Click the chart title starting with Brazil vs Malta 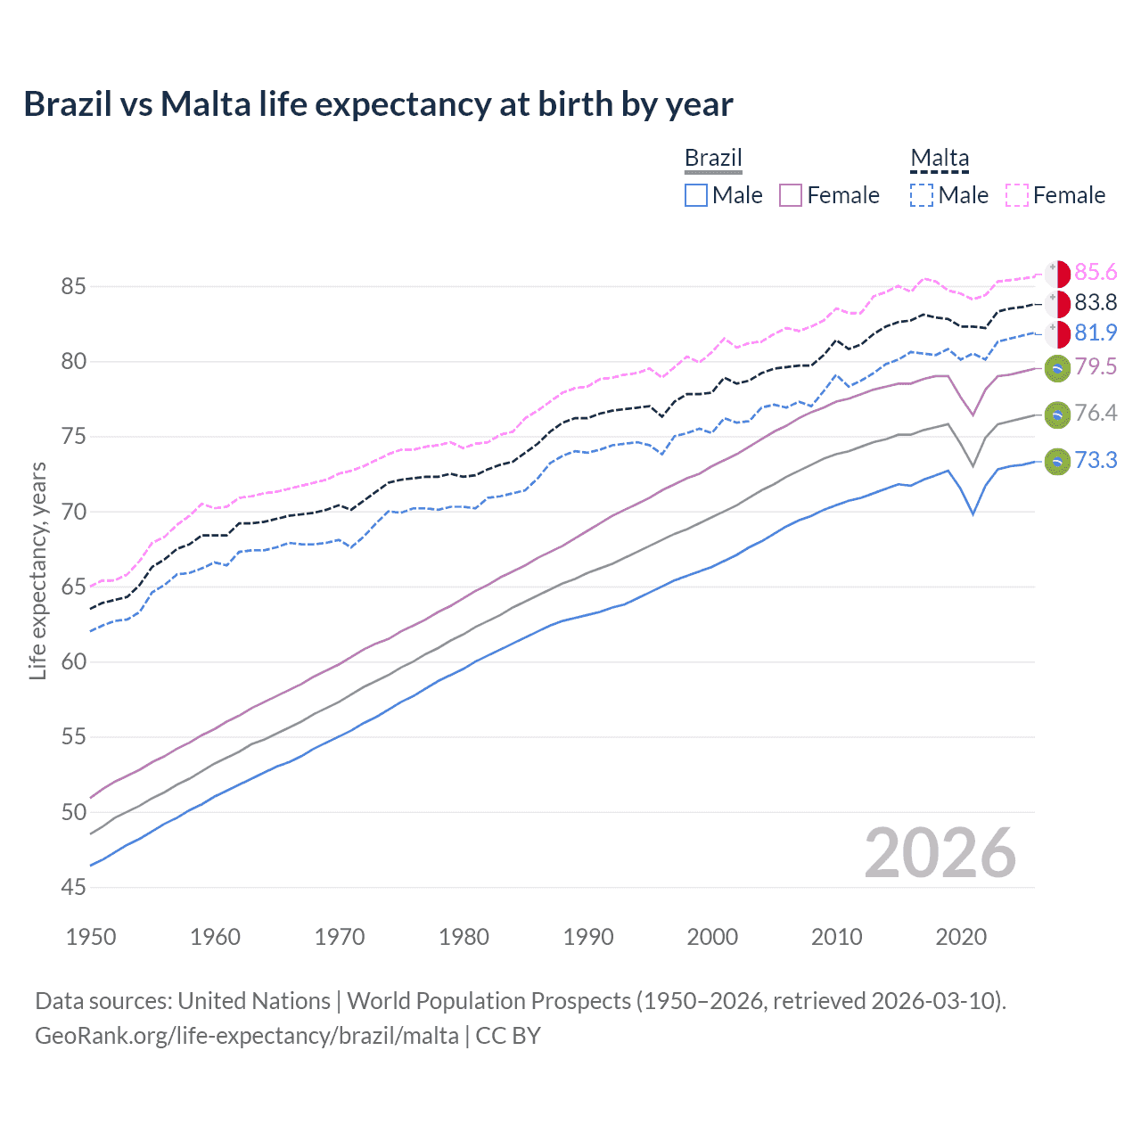click(x=378, y=104)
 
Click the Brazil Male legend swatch click(x=696, y=195)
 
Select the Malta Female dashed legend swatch click(x=1017, y=195)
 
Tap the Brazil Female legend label click(x=842, y=195)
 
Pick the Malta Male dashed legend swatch click(x=922, y=195)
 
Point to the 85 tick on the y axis click(x=73, y=287)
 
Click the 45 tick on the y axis click(x=73, y=887)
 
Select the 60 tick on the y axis click(x=73, y=662)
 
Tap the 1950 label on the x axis click(x=91, y=937)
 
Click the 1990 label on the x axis click(x=588, y=937)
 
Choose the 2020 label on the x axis click(x=961, y=937)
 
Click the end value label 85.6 click(x=1096, y=272)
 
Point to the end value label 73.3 click(x=1096, y=460)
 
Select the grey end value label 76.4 click(x=1096, y=413)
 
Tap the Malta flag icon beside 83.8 click(x=1057, y=304)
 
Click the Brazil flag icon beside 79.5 click(x=1057, y=367)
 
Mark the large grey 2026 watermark click(x=940, y=853)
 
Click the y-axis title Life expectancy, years click(x=37, y=570)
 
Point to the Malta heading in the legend click(x=940, y=158)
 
